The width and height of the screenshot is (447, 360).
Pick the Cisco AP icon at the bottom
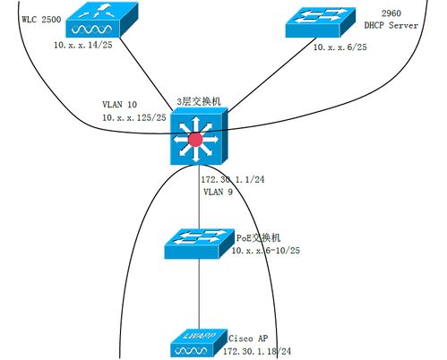[x=198, y=344]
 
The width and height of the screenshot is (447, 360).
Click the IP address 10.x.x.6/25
[x=340, y=47]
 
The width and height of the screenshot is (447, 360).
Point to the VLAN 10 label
[x=121, y=104]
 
